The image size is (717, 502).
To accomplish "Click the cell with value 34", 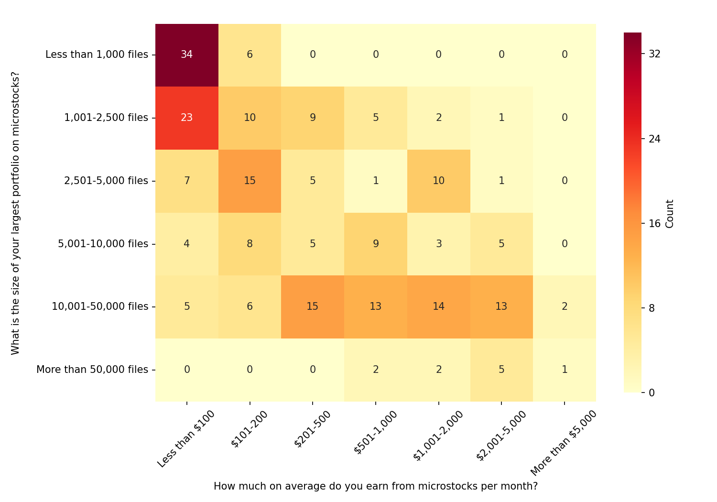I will tap(187, 55).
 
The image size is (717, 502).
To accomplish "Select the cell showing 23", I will tap(187, 118).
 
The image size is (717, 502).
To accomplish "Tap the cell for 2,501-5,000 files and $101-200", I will tap(250, 181).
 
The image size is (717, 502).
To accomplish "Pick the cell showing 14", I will tap(438, 306).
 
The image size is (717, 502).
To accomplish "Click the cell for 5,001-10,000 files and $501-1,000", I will tap(376, 244).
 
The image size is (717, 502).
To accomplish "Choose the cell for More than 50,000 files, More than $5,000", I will tap(565, 370).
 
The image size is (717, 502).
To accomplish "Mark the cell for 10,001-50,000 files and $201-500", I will tap(313, 306).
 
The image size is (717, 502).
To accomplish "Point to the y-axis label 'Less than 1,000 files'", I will tap(97, 55).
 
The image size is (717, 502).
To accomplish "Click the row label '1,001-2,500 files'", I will tap(106, 118).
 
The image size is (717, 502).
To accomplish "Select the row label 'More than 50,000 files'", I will tap(92, 370).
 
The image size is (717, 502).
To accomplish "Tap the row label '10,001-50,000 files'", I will tap(100, 306).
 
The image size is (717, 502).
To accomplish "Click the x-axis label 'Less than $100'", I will tap(186, 438).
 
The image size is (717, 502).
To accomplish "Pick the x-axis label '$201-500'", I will tap(312, 428).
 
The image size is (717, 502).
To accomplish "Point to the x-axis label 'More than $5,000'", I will tap(564, 443).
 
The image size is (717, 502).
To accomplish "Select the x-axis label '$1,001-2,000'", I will tap(438, 436).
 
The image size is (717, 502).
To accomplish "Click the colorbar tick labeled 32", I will tap(654, 54).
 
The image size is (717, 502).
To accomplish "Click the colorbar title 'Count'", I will tap(670, 214).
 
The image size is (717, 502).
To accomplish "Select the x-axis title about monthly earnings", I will tap(375, 486).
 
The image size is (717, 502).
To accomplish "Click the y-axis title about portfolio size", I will tap(15, 213).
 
